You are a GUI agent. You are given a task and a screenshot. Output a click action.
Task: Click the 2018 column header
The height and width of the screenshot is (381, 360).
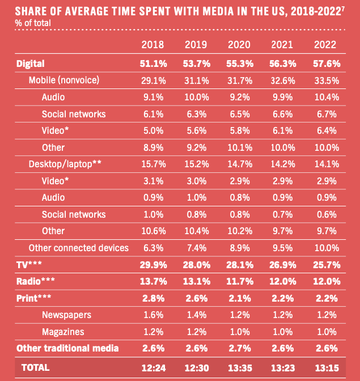(153, 45)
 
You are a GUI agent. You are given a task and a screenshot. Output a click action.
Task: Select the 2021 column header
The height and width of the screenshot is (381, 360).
(282, 45)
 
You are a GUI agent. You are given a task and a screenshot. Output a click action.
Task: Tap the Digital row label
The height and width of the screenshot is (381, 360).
(31, 63)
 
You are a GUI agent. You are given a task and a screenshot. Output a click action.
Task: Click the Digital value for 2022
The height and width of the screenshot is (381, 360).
(325, 63)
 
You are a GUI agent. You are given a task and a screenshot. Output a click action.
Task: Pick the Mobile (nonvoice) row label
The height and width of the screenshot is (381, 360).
(64, 81)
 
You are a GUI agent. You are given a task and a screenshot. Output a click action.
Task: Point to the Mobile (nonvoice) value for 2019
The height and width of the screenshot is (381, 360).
(196, 81)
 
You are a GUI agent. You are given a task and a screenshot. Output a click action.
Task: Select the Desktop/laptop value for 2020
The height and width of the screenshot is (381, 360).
(239, 164)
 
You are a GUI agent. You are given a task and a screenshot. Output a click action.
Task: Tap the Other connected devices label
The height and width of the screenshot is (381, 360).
(78, 248)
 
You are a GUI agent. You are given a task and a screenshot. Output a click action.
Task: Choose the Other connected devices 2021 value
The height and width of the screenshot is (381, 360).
(282, 248)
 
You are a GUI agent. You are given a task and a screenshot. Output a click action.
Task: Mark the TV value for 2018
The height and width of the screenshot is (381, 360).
(153, 265)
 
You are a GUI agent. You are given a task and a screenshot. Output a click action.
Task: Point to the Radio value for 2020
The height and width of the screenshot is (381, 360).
(239, 281)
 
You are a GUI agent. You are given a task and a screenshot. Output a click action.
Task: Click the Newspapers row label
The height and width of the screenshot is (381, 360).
(66, 315)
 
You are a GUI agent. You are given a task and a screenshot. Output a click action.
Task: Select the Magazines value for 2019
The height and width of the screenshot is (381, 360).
(196, 331)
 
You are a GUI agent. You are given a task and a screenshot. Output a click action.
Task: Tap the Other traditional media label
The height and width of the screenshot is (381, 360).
(67, 348)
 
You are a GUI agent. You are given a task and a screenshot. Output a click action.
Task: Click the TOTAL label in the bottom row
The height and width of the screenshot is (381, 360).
(36, 367)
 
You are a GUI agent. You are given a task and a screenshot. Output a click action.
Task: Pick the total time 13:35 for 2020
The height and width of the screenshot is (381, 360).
(239, 367)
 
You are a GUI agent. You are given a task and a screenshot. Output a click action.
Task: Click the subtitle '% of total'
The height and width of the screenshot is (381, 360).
(33, 23)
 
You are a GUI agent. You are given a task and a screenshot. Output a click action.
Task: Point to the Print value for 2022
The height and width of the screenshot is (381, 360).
(325, 298)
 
